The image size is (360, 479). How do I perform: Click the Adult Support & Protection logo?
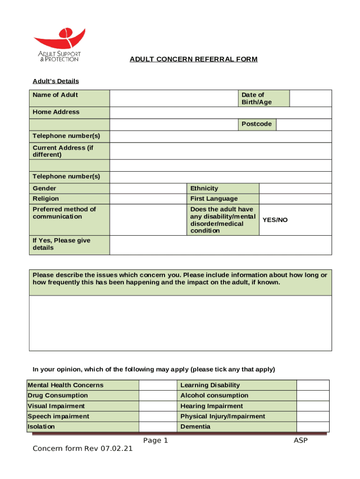pos(59,45)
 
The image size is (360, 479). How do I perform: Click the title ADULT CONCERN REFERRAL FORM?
pos(194,59)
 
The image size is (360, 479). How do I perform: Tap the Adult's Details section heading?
pos(56,81)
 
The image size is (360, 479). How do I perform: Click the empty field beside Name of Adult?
pos(173,98)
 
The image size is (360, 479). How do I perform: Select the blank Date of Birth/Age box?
pos(310,98)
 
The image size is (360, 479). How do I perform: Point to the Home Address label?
pos(56,112)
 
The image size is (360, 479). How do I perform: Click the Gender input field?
pos(148,188)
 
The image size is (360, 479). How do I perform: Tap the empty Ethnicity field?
pos(295,188)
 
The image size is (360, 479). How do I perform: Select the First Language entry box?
pos(295,199)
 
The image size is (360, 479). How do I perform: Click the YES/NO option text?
pos(275,219)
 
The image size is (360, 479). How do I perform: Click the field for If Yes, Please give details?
pos(221,245)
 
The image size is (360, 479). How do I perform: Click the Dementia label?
pos(195,427)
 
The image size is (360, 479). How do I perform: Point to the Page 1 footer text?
pos(156,440)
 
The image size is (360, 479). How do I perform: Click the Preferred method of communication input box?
pos(148,219)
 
